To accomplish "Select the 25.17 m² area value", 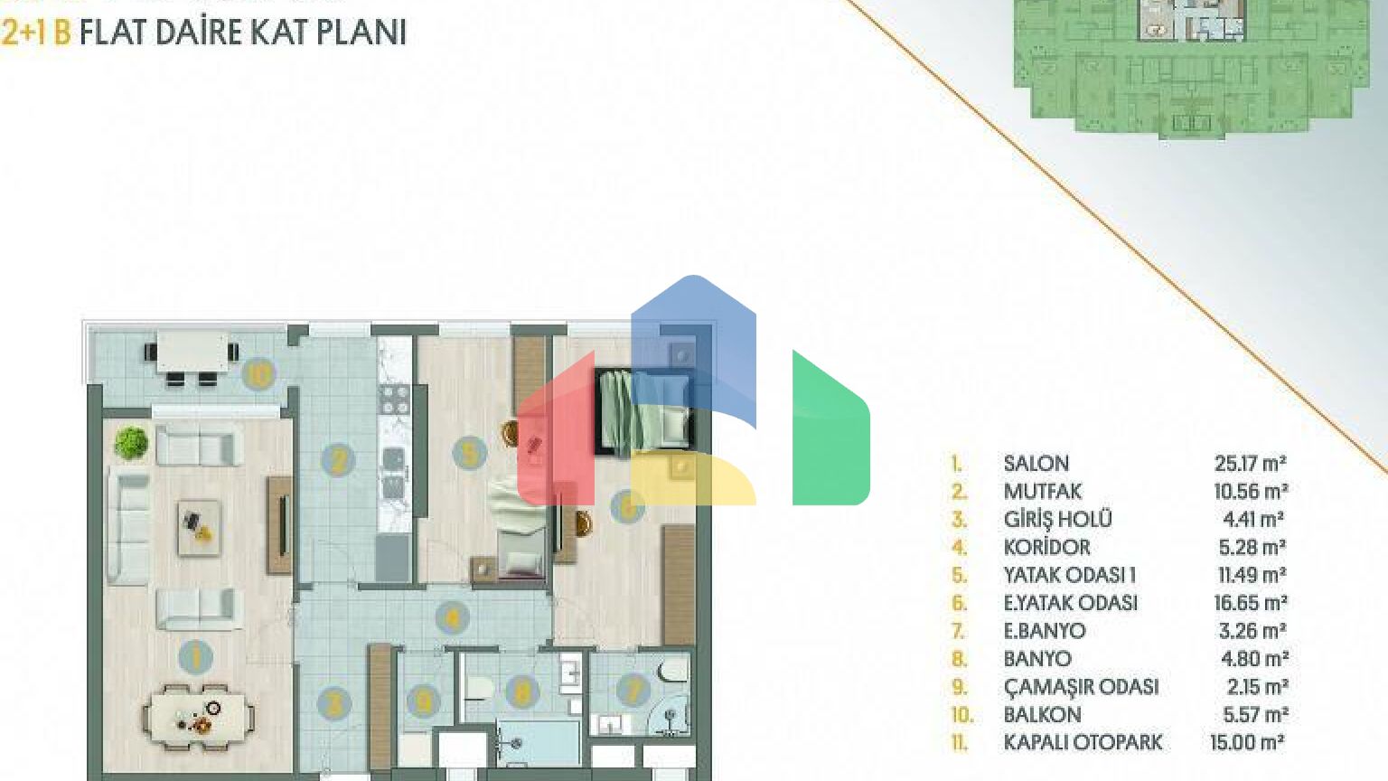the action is (1251, 464).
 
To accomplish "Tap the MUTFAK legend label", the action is (1043, 492).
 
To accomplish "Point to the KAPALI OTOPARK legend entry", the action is (1083, 742).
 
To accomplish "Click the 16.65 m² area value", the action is (1251, 603).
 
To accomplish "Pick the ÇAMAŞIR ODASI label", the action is (1082, 687).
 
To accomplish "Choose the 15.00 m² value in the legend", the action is (1247, 742).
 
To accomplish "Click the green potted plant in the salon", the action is (131, 443).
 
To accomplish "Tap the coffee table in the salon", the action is (199, 528).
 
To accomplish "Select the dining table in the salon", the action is (198, 717).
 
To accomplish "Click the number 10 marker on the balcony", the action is (258, 374).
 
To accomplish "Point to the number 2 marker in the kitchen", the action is (338, 460).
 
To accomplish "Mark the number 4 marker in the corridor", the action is (453, 618).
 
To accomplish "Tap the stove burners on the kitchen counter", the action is (395, 400).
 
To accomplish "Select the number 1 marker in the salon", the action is (196, 656).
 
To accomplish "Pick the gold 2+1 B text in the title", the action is (36, 33).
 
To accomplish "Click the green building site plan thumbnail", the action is (1191, 68).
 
